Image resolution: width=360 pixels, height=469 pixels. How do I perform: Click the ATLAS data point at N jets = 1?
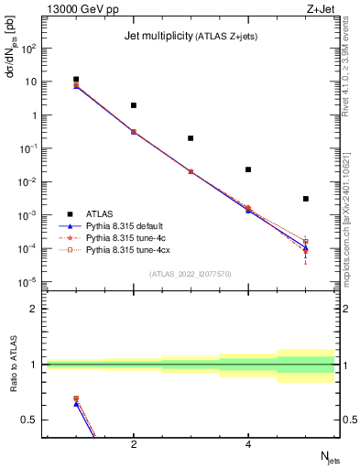pos(76,80)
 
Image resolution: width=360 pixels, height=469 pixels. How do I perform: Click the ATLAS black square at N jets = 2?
pos(134,105)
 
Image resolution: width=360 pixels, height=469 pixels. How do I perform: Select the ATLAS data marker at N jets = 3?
pos(191,138)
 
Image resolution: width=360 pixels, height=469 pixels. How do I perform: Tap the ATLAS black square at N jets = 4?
pos(248,169)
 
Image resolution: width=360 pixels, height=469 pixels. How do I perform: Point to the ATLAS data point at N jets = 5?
pos(306,199)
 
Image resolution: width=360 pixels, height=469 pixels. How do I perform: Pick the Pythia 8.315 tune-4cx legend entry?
pos(128,249)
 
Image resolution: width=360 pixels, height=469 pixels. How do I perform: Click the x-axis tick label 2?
pos(134,445)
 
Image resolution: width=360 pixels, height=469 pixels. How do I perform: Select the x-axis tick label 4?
pos(248,445)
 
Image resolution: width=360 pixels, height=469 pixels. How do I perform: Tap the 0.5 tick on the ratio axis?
pos(29,420)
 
